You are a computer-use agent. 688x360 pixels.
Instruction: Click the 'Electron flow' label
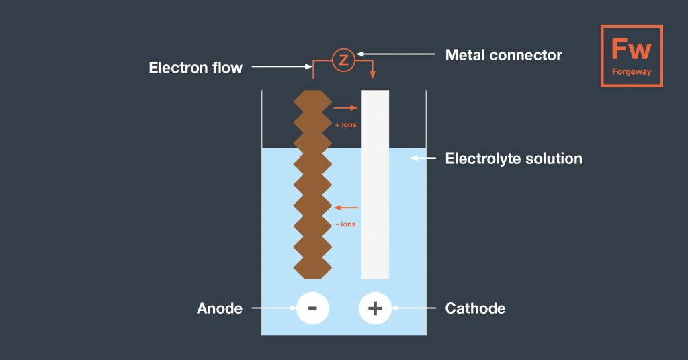196,67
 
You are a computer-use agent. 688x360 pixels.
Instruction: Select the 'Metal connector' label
504,55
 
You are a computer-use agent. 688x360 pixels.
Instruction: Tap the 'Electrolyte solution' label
514,159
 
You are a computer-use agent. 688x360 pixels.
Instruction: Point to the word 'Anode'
220,308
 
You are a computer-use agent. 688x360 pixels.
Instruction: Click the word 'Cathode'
475,308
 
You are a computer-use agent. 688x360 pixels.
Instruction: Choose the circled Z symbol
343,60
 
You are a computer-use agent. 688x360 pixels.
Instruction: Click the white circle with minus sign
312,308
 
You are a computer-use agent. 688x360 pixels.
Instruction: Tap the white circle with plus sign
375,308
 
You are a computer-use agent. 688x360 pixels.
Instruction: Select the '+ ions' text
345,124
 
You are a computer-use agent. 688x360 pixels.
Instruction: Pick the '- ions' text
345,224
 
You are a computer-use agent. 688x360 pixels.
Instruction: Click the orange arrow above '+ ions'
346,107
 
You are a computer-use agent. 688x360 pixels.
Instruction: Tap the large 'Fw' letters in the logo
631,49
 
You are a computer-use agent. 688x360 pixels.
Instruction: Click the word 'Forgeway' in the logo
632,72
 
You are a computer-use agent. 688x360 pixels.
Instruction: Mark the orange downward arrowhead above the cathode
374,75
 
